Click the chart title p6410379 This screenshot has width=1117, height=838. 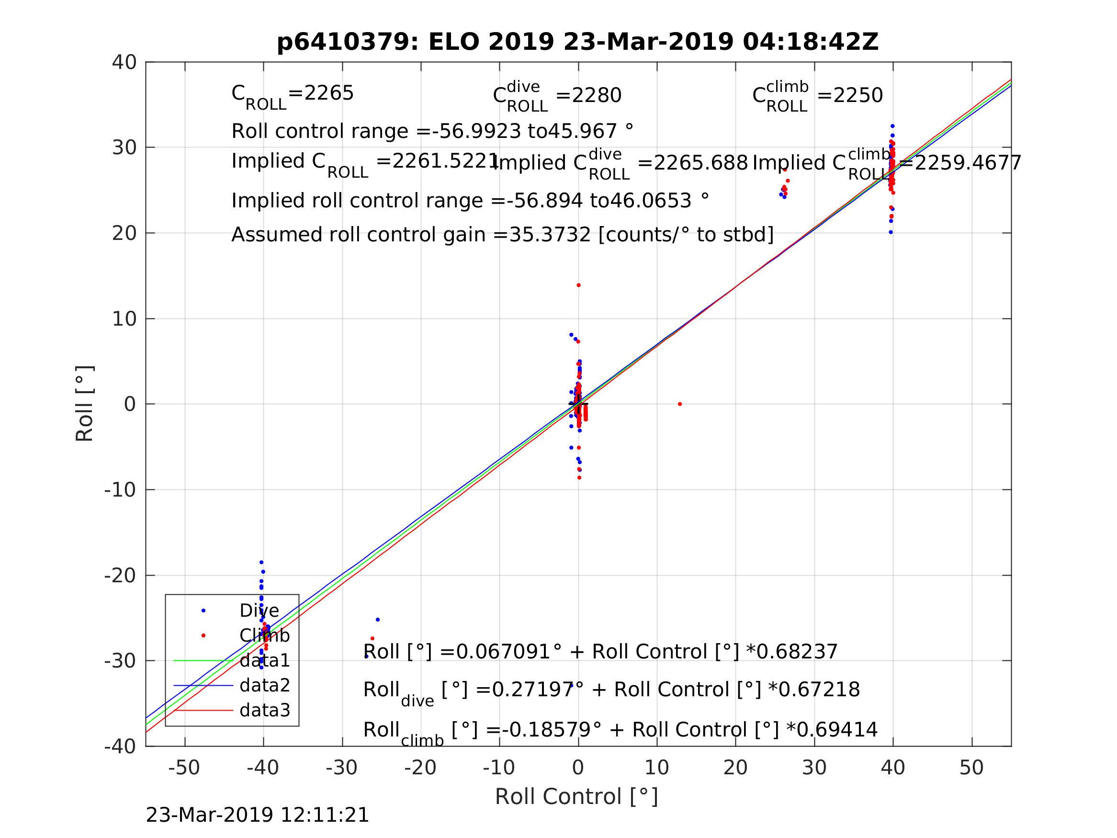[577, 42]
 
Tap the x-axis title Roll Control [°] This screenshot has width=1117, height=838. [576, 797]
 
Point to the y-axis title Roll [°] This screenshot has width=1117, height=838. [84, 404]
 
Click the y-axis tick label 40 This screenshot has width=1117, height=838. [124, 63]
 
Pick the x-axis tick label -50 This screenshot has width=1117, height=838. [184, 768]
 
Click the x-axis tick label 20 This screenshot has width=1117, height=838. [735, 768]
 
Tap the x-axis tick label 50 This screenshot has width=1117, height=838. [971, 768]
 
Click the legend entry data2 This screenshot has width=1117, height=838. [265, 686]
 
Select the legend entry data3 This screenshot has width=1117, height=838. [265, 711]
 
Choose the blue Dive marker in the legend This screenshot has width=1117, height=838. [203, 611]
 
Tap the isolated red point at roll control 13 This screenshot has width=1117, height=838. [680, 404]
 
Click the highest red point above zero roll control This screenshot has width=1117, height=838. [579, 285]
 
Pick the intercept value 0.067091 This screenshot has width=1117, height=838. [502, 652]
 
